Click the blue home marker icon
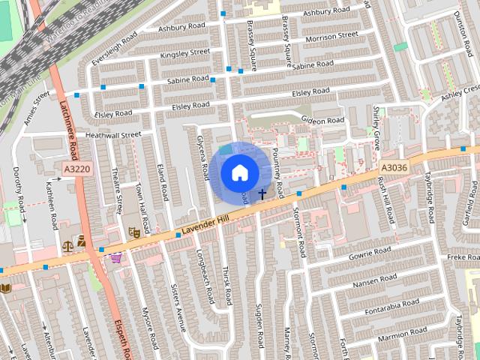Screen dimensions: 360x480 pos(239,172)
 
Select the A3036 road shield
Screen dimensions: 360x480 pos(394,168)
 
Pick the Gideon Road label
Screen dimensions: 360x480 pos(322,120)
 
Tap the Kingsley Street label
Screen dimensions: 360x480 pos(184,52)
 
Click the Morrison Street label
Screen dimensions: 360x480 pos(331,36)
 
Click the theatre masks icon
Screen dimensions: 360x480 pos(135,232)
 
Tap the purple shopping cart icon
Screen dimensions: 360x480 pos(116,259)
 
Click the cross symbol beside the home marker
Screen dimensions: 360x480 pos(262,193)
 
